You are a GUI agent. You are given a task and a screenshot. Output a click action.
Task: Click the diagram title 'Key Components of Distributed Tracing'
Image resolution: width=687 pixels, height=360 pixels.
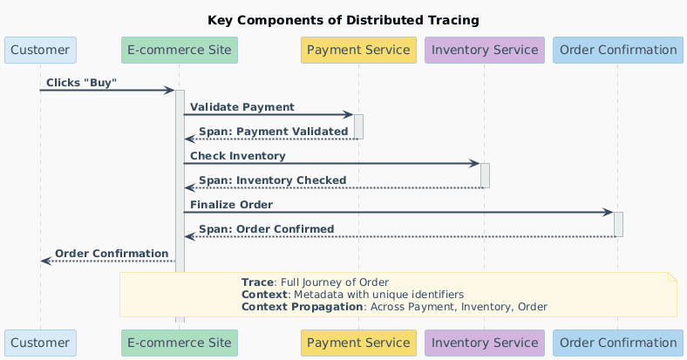[343, 20]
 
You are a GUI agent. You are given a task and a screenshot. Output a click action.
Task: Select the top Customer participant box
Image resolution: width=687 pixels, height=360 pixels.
[40, 50]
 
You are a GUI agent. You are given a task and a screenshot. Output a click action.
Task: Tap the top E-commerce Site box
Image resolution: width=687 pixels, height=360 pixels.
[180, 50]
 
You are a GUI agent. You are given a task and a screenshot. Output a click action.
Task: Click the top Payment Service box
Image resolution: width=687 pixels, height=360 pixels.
[358, 50]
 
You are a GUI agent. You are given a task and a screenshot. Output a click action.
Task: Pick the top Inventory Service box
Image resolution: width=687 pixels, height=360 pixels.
[484, 50]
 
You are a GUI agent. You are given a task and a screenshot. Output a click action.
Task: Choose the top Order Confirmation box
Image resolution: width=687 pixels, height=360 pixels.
[618, 50]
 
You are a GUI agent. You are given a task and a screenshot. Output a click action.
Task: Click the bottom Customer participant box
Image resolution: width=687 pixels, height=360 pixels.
[40, 343]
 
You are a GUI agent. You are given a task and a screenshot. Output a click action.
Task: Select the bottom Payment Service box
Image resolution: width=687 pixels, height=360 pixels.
[358, 343]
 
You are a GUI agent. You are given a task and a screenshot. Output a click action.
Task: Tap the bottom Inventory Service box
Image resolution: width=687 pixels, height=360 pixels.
[484, 343]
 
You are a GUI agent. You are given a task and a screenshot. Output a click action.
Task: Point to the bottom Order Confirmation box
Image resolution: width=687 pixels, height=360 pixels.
[618, 343]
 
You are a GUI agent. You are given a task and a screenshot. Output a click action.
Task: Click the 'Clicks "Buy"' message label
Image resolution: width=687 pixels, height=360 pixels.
[81, 83]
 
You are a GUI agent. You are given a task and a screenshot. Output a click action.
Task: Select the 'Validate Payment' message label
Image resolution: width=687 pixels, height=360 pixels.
[241, 107]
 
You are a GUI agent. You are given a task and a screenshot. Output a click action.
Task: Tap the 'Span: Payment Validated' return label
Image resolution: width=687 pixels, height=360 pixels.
[273, 132]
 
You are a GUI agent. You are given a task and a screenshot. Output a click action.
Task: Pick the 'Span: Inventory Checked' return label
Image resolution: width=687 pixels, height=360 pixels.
[272, 180]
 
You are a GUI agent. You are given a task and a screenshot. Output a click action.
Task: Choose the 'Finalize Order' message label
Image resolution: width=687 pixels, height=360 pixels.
[231, 205]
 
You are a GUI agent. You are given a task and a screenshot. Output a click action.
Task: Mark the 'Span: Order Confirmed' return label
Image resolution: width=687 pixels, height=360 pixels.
[266, 229]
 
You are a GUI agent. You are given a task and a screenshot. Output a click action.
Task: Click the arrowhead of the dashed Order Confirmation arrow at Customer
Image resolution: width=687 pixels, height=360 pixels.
[45, 261]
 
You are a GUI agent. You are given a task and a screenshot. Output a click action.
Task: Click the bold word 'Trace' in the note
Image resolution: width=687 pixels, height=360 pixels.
[257, 282]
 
